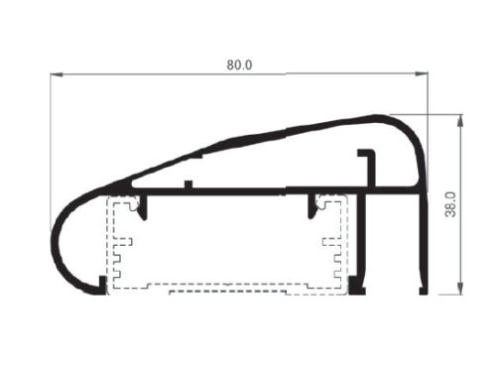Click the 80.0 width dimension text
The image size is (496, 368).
239,65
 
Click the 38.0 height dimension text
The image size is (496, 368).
450,204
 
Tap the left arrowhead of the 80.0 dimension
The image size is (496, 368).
57,74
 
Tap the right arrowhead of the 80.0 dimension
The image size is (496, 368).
422,73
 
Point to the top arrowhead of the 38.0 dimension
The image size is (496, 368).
459,121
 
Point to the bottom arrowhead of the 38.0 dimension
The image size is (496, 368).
459,288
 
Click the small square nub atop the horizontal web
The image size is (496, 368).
188,184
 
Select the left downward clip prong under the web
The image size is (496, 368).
143,207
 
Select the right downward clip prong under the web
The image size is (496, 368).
312,206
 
